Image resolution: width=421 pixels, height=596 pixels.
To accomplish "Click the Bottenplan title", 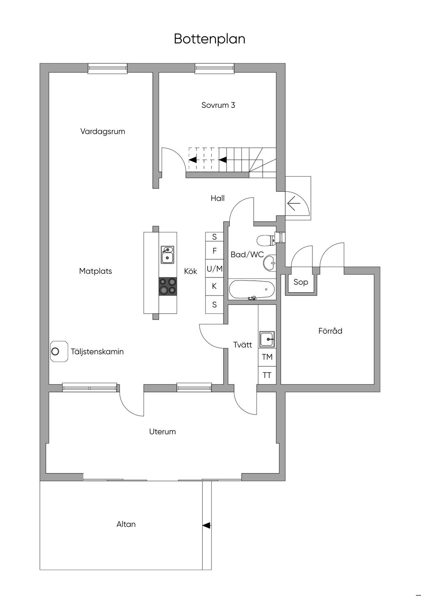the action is [209, 39].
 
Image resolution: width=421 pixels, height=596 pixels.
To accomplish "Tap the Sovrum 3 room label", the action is [218, 105].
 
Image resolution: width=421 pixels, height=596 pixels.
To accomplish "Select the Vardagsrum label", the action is [103, 131].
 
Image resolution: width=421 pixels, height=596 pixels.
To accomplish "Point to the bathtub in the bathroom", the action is [252, 289].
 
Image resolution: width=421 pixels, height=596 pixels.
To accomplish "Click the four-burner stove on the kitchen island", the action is [168, 286].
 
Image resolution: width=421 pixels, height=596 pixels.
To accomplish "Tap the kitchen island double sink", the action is [167, 255].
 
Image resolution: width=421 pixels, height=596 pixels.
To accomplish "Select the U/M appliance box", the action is [215, 269].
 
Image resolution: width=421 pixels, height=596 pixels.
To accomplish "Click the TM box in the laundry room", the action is [267, 357].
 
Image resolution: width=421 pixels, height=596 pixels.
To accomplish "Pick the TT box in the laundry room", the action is [267, 375].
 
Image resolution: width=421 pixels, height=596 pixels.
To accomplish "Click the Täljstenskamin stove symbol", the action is [59, 351].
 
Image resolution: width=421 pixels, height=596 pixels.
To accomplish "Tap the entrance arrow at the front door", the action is [294, 203].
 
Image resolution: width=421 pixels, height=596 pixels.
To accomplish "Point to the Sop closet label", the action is [301, 282].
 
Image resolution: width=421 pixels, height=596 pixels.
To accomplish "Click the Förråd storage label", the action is [330, 331].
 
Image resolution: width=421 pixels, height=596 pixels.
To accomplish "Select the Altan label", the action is [126, 524].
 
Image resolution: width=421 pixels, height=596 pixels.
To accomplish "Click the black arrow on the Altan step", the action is [207, 526].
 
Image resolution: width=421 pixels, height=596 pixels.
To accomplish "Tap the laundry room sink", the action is [267, 339].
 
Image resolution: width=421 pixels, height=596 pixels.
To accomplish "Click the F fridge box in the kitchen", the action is [215, 251].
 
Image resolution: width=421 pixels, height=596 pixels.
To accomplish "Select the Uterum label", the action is [162, 432].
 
